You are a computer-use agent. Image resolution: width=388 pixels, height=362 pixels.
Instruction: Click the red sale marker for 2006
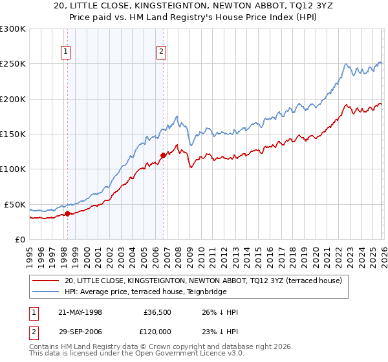[163, 154]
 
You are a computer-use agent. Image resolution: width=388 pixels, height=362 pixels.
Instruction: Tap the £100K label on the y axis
[14, 169]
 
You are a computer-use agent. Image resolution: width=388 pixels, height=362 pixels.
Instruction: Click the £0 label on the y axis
[21, 239]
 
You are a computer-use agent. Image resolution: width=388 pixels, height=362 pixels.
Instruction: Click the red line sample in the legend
[46, 281]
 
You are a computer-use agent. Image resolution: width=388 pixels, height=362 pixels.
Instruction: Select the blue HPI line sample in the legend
[46, 292]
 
